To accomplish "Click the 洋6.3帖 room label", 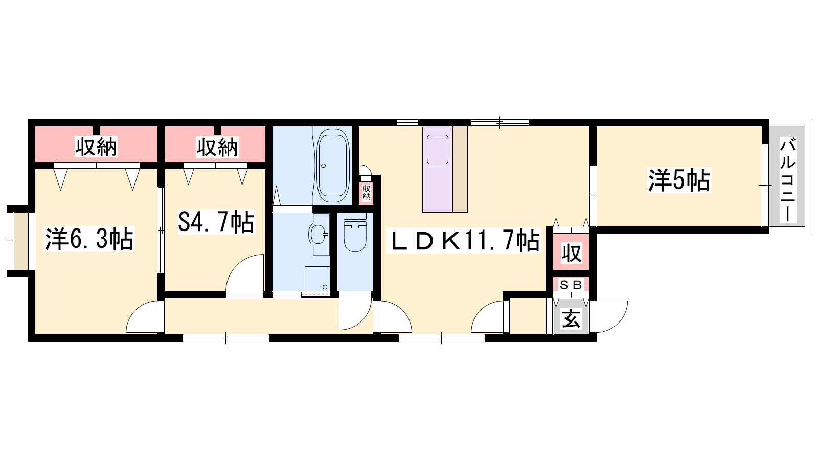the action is (89, 239).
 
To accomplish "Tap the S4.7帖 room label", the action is (216, 222).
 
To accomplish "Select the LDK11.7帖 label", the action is (464, 241).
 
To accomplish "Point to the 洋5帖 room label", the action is (679, 180).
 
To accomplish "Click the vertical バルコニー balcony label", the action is (788, 180).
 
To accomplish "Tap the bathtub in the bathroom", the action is (332, 166).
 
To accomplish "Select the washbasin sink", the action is (317, 233).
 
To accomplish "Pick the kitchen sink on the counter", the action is (438, 149).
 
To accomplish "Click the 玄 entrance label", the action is (571, 318).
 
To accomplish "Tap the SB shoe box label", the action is (571, 285).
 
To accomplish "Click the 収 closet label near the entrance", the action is (571, 252).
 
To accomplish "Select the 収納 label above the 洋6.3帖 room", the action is (96, 147).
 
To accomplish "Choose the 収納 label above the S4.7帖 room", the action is (217, 147).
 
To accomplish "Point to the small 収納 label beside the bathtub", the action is (366, 192).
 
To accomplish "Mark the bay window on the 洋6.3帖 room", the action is (20, 241).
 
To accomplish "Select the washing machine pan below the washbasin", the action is (317, 279).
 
